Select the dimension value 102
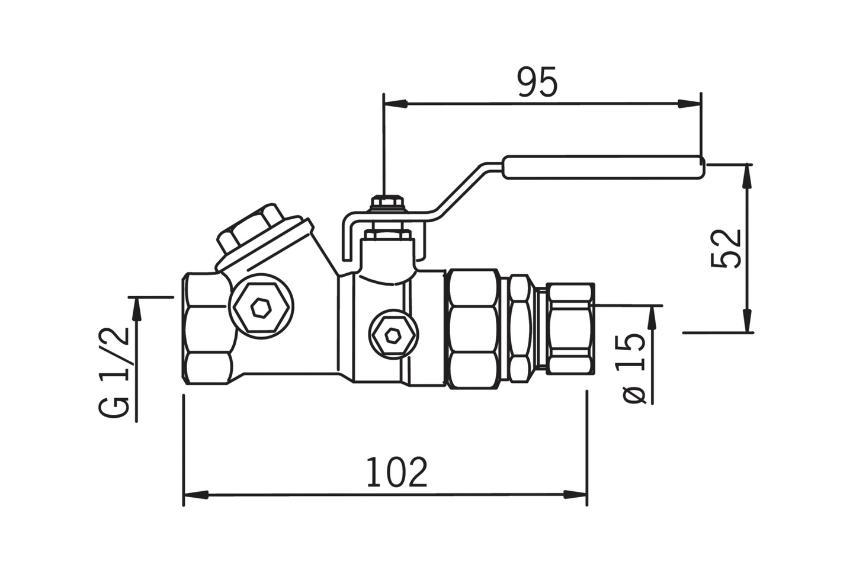396,472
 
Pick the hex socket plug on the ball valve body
392,336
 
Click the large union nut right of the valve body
472,329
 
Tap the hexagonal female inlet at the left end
206,329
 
